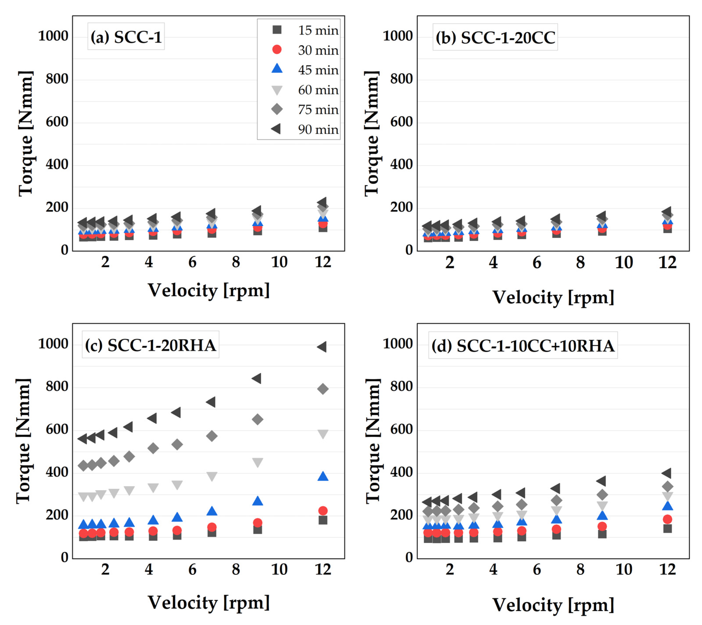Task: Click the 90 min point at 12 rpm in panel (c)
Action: [322, 347]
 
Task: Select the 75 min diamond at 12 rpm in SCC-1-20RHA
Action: [323, 389]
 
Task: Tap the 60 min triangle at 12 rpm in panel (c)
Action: [323, 434]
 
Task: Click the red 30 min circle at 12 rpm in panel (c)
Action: [323, 511]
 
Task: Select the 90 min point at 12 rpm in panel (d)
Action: [667, 473]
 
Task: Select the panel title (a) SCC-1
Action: [126, 37]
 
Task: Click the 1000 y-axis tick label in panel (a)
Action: [53, 36]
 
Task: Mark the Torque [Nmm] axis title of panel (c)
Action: [24, 441]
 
